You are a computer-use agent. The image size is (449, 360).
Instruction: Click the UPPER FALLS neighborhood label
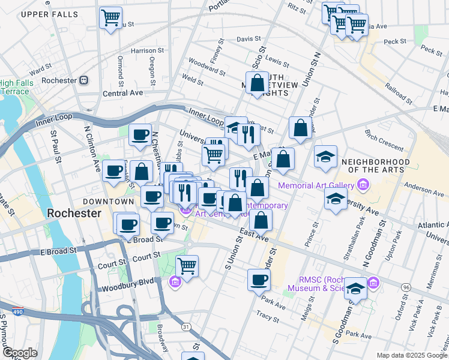49,14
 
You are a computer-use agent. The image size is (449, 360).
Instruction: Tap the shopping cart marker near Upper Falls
110,18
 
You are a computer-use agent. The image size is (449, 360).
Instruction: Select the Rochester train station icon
84,80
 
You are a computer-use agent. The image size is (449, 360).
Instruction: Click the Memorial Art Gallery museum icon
363,186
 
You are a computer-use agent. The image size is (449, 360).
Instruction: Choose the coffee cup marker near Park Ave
259,280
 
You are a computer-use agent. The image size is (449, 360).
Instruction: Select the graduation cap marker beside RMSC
356,290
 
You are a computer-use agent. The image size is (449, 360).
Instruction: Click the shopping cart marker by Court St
187,265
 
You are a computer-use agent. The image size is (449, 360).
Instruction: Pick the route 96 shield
406,287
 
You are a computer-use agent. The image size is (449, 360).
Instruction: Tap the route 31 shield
187,326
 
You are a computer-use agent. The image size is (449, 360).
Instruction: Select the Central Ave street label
123,93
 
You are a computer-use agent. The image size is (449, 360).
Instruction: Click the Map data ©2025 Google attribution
412,355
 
